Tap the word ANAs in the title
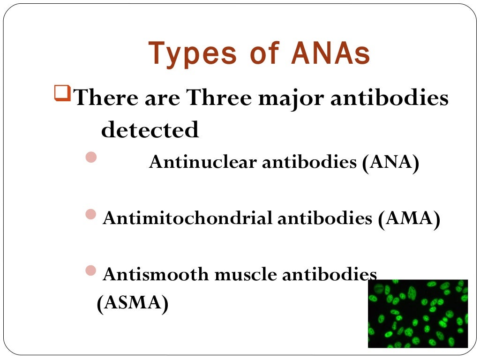pos(330,53)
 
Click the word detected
pos(150,130)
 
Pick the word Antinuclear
pos(203,163)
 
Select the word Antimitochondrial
pos(187,218)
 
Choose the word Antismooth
pos(156,274)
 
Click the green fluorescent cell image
pos(418,314)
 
